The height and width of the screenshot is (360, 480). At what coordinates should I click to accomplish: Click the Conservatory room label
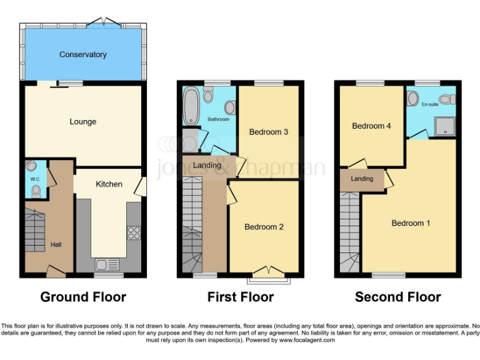(82, 55)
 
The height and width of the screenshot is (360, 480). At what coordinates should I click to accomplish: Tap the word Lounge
(82, 121)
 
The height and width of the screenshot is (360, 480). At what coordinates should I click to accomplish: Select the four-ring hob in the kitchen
(133, 232)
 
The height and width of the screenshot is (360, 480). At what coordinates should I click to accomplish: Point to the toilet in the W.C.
(36, 190)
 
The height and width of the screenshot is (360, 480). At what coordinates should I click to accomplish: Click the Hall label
(56, 245)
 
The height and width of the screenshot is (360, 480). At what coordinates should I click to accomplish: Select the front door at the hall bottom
(56, 271)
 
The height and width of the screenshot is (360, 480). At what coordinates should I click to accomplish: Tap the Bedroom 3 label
(268, 132)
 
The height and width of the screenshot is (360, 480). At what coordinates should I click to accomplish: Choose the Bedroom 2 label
(264, 227)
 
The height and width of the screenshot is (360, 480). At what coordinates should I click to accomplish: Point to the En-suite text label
(430, 104)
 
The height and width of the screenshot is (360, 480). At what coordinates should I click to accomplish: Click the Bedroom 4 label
(371, 126)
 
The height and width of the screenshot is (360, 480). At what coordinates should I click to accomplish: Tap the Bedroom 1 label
(411, 223)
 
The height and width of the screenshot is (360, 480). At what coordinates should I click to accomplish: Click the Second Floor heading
(398, 297)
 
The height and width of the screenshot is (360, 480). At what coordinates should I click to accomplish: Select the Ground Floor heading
(83, 297)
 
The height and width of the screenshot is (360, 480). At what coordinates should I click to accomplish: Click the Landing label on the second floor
(362, 179)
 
